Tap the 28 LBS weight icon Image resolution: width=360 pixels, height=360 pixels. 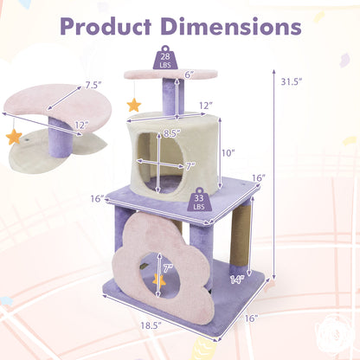164,59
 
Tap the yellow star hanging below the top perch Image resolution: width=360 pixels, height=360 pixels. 134,105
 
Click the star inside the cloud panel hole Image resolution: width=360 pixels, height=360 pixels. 160,280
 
